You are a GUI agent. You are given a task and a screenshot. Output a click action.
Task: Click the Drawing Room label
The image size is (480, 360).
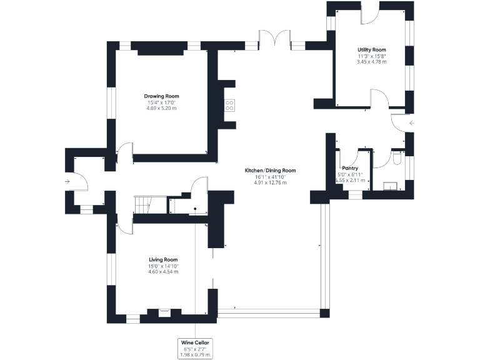coord(161,96)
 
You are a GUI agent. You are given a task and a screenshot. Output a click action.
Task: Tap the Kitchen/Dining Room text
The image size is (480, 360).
coord(270,170)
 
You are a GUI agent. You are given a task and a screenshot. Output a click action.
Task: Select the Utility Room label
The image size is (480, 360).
coord(371,49)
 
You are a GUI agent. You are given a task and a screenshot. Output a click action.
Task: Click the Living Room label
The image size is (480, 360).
coord(162,259)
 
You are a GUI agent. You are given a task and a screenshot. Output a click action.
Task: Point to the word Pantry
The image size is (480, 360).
coord(350,168)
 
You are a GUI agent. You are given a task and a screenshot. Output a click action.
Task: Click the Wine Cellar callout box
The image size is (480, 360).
coord(196,349)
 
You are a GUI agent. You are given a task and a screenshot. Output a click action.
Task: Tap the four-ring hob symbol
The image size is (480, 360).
coord(229,105)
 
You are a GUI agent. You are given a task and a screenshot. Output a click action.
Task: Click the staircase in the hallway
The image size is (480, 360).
coord(143,205)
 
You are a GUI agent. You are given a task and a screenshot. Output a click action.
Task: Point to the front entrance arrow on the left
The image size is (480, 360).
coord(67,182)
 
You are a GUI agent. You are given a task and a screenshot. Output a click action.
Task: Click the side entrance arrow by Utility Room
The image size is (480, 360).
coord(411,123)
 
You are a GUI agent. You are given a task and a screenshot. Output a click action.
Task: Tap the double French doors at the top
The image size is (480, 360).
coord(275,39)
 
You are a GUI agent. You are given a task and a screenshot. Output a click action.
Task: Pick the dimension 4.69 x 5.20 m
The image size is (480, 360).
coord(161,109)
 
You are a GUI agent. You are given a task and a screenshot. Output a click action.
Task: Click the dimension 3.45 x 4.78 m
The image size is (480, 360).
coord(371,62)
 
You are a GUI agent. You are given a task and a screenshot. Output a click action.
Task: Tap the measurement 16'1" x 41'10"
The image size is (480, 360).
coord(270,176)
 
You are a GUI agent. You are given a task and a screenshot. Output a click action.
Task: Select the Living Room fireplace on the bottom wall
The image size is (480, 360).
coord(165,312)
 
